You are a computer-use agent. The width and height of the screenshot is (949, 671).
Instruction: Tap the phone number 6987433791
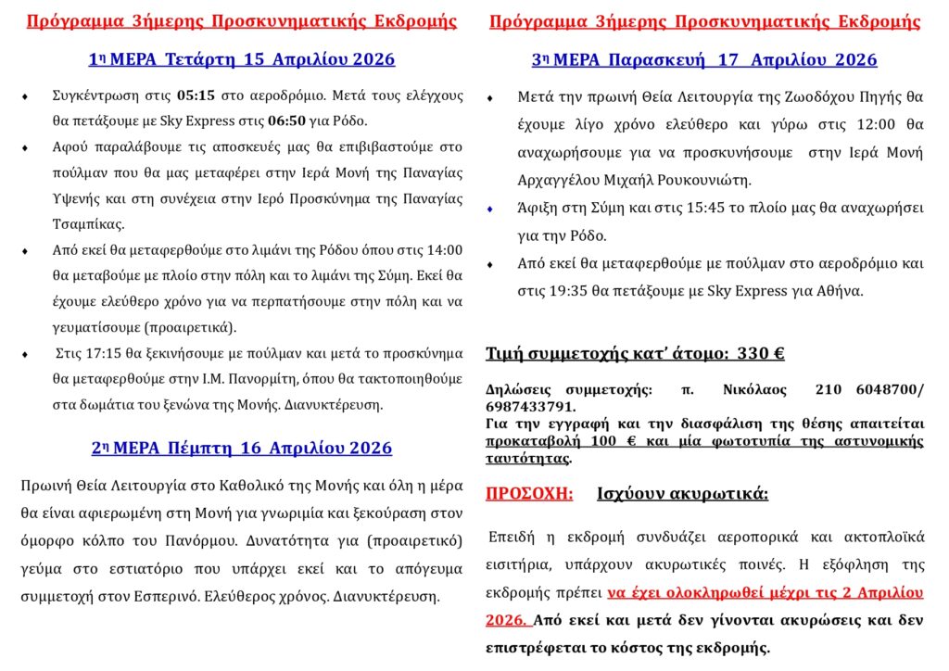click(x=530, y=406)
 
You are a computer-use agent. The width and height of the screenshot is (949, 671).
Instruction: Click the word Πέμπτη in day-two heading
click(x=203, y=449)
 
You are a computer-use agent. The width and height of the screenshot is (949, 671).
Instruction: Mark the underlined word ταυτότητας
click(x=528, y=458)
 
